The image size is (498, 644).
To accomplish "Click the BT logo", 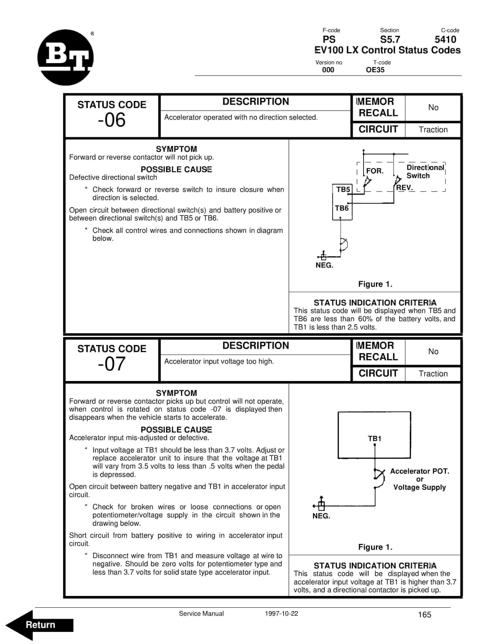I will [x=66, y=57].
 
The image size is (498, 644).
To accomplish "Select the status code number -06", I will [x=112, y=120].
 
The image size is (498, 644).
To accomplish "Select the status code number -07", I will [x=112, y=364].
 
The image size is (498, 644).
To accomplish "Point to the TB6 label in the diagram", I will [x=342, y=208].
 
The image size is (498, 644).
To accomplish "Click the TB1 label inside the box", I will [x=374, y=438].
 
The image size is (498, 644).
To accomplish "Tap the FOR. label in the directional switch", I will [x=375, y=171].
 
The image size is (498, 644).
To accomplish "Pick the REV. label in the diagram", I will [x=404, y=187].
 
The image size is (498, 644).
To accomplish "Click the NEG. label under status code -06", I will [x=324, y=265].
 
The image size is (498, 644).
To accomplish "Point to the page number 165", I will [x=424, y=614].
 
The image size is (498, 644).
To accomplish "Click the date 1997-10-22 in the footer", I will [x=281, y=613].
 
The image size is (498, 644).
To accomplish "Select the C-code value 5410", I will [x=445, y=39].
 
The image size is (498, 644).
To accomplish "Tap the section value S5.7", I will [x=390, y=39].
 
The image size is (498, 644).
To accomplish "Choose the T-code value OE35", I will [x=375, y=70].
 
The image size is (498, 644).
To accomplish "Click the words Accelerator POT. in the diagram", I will [x=419, y=471].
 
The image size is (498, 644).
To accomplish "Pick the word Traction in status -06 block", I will [x=433, y=130].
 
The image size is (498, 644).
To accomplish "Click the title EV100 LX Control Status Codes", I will [x=387, y=50].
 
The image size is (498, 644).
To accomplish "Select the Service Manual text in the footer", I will [x=201, y=613].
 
